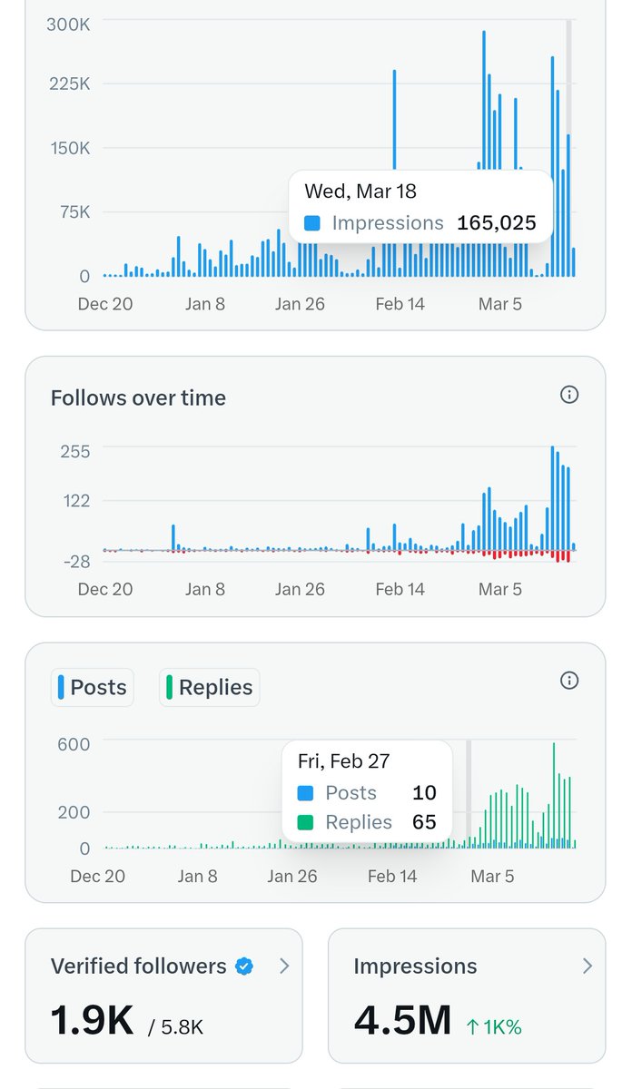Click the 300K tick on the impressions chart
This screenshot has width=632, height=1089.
(x=68, y=25)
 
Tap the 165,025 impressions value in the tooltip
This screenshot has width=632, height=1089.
(x=496, y=222)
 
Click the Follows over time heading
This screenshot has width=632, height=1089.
(x=138, y=397)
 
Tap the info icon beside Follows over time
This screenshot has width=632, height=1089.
(x=569, y=395)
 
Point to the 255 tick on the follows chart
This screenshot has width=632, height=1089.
(x=74, y=451)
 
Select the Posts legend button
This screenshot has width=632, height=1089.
(x=93, y=687)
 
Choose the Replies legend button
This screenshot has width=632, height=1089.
(x=210, y=687)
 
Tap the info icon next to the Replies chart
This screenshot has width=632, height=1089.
(x=569, y=681)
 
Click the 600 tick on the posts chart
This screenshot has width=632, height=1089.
(x=74, y=744)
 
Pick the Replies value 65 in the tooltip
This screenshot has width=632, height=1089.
(x=424, y=822)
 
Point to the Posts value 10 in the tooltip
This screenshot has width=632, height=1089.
(x=424, y=792)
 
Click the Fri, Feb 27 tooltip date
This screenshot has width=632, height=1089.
(x=346, y=760)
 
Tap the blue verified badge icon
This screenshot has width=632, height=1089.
(x=244, y=966)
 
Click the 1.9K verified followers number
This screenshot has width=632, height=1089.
(x=92, y=1020)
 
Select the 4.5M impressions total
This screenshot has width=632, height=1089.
(x=402, y=1020)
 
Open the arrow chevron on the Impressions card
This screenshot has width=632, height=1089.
(x=587, y=966)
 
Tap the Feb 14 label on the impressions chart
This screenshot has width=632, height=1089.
(x=400, y=304)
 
